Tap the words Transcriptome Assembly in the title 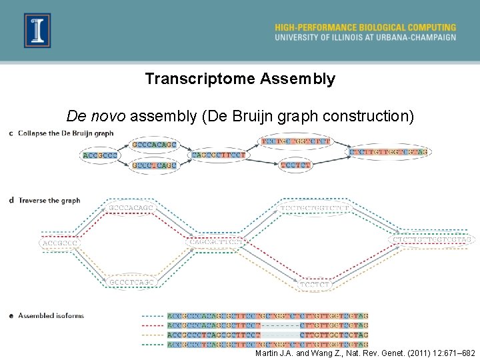click(240, 79)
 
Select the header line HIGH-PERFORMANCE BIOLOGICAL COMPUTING click(365, 27)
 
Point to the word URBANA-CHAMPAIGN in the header click(416, 37)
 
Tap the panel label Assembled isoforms click(51, 315)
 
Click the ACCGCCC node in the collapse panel click(100, 155)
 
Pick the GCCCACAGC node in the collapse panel click(154, 145)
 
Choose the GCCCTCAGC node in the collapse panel click(154, 165)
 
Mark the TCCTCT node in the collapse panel click(295, 165)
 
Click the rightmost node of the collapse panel click(389, 153)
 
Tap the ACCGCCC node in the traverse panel click(60, 243)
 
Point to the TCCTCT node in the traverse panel click(315, 285)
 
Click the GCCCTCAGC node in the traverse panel click(131, 282)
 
